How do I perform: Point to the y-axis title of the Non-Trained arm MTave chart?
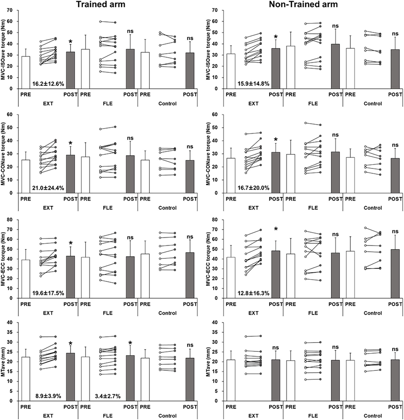pyautogui.click(x=210, y=361)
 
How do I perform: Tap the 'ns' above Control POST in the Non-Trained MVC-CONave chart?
pyautogui.click(x=395, y=145)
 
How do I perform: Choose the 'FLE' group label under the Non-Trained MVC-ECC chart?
pyautogui.click(x=313, y=313)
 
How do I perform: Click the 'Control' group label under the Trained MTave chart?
pyautogui.click(x=167, y=416)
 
